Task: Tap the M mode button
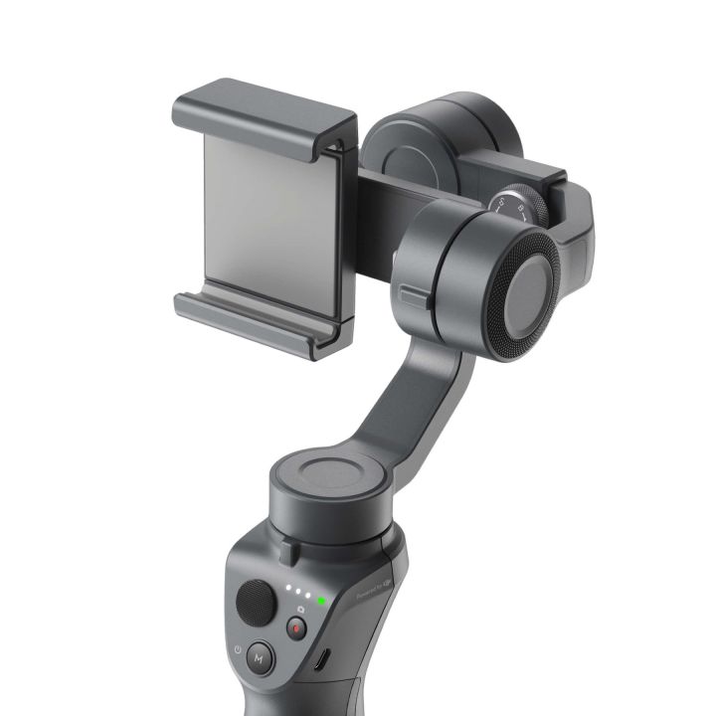261,657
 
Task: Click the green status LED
321,601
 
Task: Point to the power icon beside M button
238,650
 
